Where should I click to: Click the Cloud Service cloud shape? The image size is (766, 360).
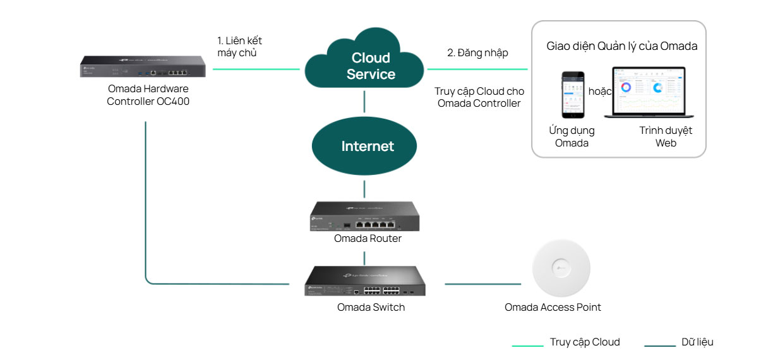(364, 66)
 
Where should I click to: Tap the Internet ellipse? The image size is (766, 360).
(364, 146)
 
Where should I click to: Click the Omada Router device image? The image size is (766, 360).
(364, 217)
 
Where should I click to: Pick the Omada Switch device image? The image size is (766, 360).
(364, 281)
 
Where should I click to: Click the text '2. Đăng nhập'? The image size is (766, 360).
(477, 53)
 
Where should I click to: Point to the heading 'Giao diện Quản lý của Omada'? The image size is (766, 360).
(621, 46)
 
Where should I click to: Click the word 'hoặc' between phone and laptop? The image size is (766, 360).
(600, 92)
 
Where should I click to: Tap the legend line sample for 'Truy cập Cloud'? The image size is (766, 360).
(527, 345)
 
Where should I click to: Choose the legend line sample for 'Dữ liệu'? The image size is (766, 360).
(660, 345)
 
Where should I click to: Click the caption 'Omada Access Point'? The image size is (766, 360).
(553, 308)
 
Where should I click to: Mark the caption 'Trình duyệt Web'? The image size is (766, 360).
(666, 136)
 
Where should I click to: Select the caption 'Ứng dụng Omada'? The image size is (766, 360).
(572, 136)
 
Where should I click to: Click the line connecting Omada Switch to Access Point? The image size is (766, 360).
(484, 284)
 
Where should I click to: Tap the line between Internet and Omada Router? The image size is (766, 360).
(364, 188)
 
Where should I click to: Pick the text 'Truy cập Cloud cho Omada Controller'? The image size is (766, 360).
(479, 97)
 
